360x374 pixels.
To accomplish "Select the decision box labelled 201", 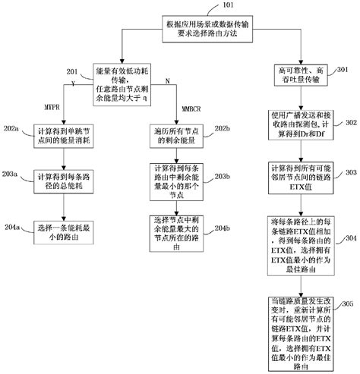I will pyautogui.click(x=125, y=80).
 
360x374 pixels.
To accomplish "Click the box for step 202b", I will pyautogui.click(x=170, y=137).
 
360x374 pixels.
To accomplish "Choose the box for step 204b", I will pyautogui.click(x=170, y=230).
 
